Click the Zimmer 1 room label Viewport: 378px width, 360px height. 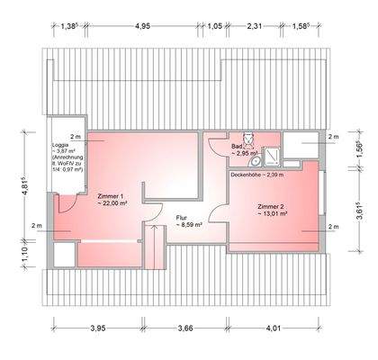pyautogui.click(x=108, y=196)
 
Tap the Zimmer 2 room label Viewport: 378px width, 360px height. pyautogui.click(x=272, y=206)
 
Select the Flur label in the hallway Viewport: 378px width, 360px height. pyautogui.click(x=182, y=216)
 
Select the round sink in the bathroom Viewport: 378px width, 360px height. pyautogui.click(x=256, y=162)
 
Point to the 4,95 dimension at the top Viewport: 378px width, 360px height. pyautogui.click(x=142, y=26)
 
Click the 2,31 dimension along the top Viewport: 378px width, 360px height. pyautogui.click(x=256, y=26)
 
